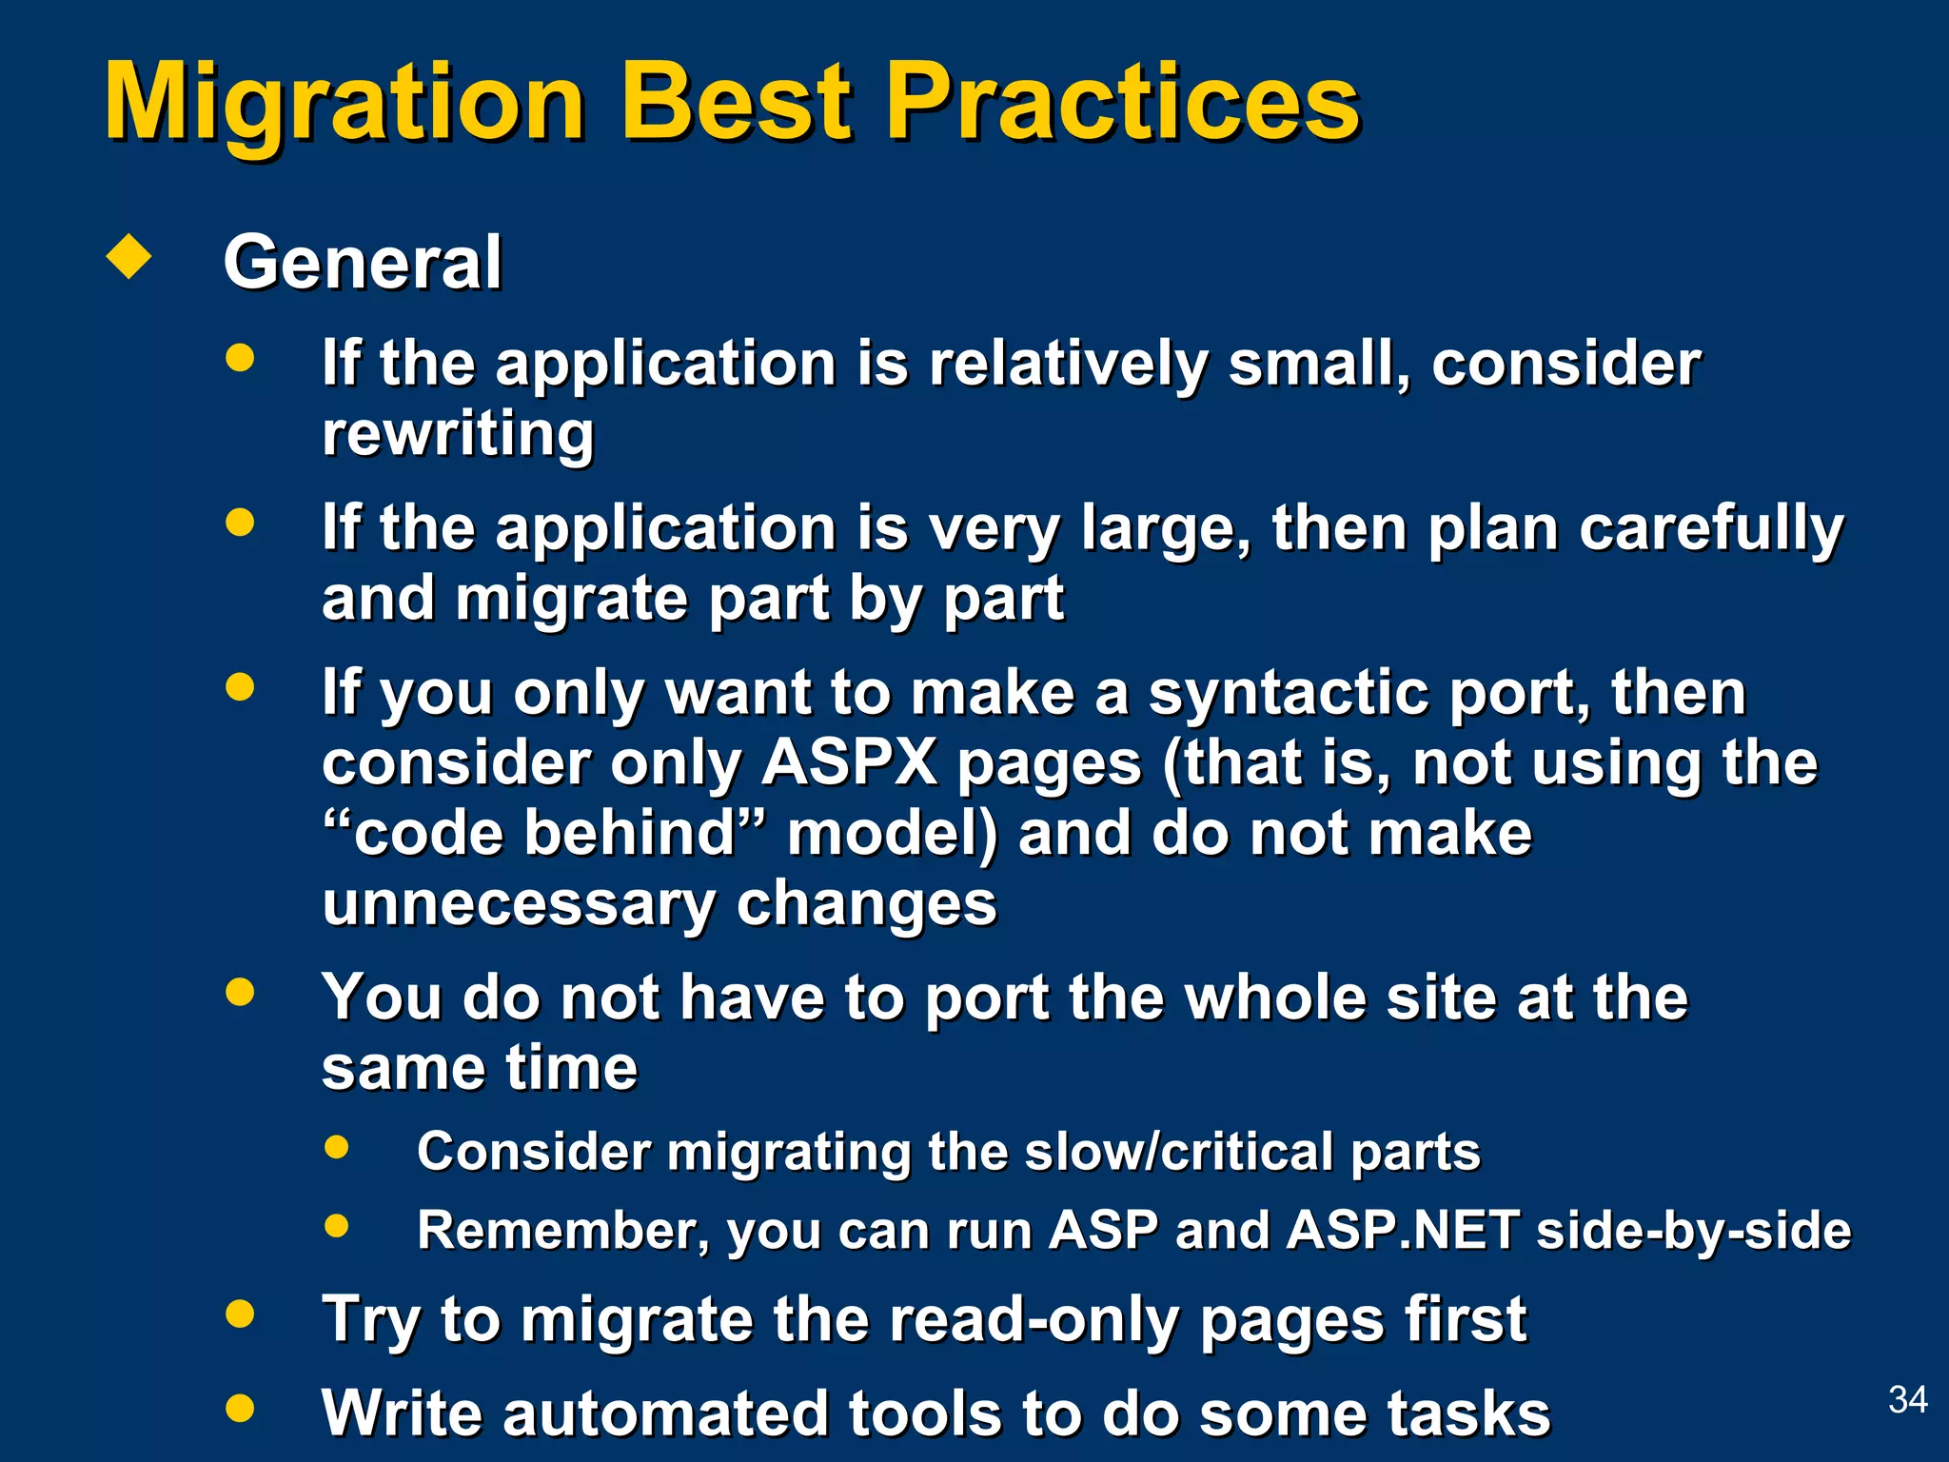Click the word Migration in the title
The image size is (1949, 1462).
click(x=345, y=103)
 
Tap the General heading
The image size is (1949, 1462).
click(x=362, y=263)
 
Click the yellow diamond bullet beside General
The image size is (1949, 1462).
click(x=129, y=256)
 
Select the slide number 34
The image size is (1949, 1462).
click(x=1907, y=1399)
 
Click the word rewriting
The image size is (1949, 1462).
click(x=458, y=434)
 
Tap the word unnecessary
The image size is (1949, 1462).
click(x=518, y=903)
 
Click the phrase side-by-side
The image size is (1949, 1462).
click(x=1694, y=1230)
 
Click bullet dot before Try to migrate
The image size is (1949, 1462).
click(x=240, y=1314)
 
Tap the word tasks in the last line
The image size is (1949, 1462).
click(x=1469, y=1413)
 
